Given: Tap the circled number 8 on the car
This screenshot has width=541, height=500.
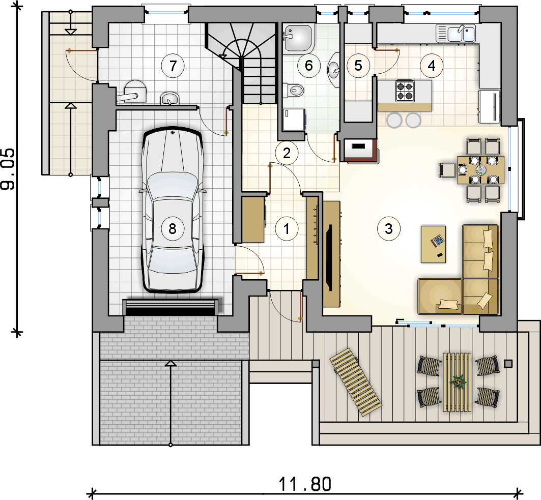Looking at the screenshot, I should (172, 229).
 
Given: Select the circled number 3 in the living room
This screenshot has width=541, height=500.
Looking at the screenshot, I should (389, 228).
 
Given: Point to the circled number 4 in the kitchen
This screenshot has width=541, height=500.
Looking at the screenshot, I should (432, 66).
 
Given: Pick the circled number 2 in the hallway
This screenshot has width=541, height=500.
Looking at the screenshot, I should (287, 153).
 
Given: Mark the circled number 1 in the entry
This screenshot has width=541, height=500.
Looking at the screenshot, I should (286, 229).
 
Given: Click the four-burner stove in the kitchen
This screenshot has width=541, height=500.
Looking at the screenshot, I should (405, 91).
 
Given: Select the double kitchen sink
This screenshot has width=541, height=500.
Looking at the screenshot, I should (455, 34).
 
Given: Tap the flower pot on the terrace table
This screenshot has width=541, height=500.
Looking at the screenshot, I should (459, 381).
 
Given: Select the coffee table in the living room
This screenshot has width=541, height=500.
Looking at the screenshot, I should (434, 244).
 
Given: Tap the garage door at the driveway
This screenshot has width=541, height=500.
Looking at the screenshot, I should (171, 307).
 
